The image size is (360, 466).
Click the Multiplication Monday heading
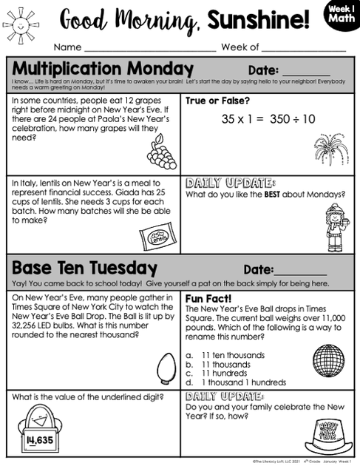[x=103, y=70]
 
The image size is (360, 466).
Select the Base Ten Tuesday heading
[x=84, y=268]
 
